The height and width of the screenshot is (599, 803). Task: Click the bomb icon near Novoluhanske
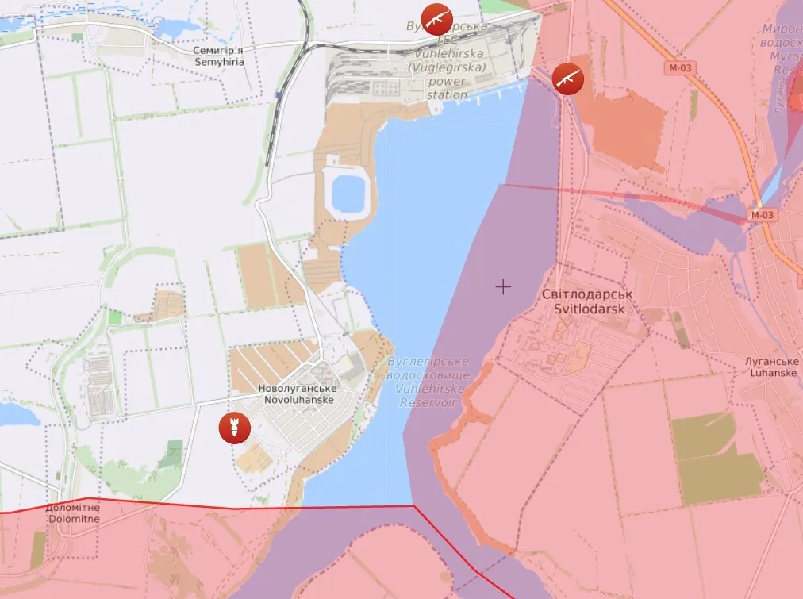[235, 428]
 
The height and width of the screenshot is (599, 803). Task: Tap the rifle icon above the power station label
[436, 17]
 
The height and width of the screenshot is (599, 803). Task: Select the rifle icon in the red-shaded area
[568, 79]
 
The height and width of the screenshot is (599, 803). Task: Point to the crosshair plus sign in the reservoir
[503, 286]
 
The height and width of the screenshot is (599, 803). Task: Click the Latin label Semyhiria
[208, 61]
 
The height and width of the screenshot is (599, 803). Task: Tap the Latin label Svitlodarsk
[583, 309]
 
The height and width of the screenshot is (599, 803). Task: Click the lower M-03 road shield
[763, 214]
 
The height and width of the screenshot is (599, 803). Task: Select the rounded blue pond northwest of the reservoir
[348, 190]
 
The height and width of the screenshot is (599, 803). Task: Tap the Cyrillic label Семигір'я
[208, 49]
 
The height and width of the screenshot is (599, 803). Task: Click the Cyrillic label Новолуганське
[298, 389]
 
